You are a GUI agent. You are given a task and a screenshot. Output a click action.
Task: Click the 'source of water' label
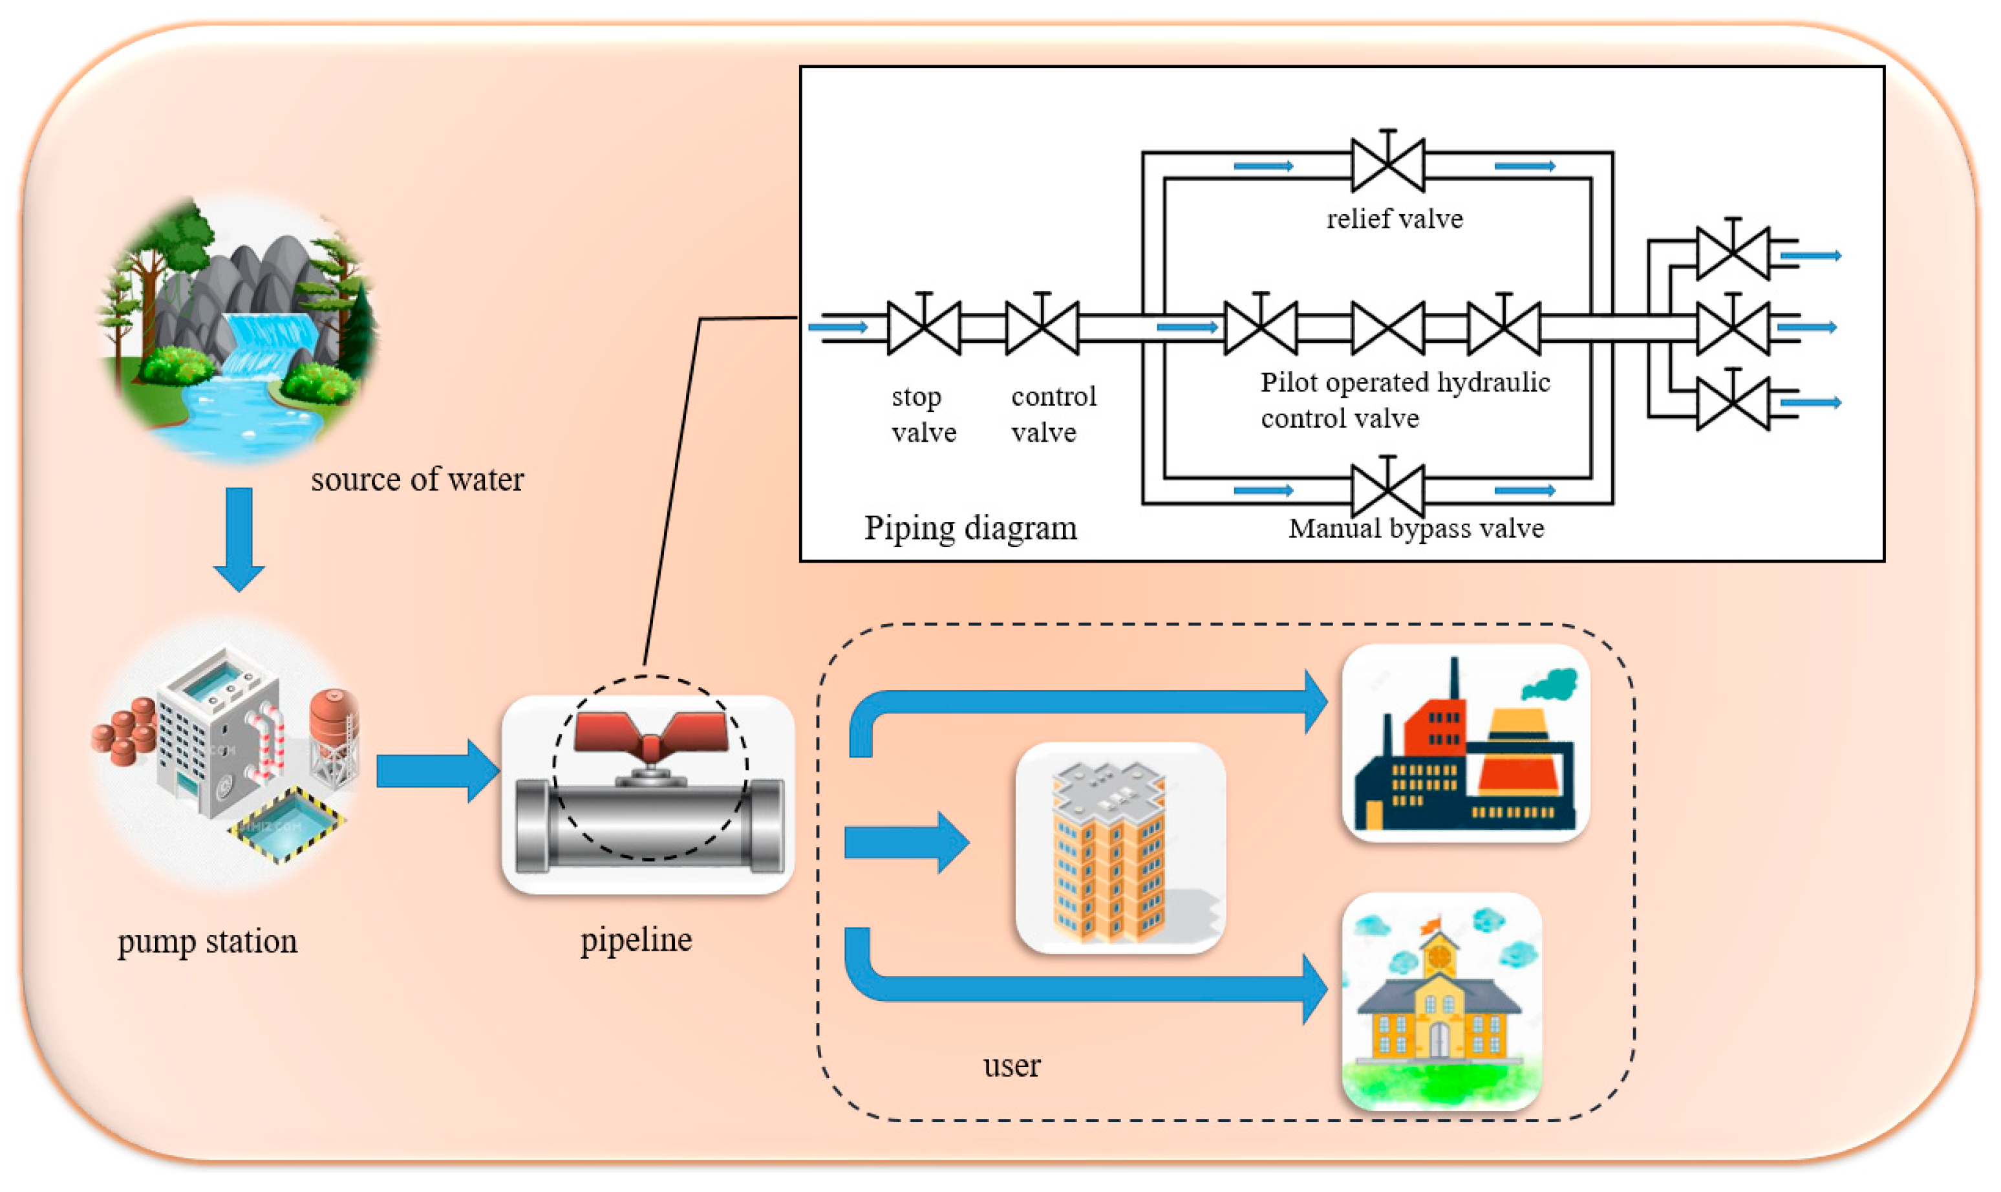(418, 479)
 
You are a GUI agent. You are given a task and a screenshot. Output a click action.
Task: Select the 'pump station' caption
(207, 942)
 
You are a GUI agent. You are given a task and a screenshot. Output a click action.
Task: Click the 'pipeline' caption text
(636, 940)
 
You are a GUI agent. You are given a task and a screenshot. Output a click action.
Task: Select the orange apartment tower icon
(1111, 851)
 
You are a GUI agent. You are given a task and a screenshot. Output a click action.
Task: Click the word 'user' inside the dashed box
(1012, 1066)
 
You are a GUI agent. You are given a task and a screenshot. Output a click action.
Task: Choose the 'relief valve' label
(1395, 219)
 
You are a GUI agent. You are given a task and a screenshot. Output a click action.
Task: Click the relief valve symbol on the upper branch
(1388, 165)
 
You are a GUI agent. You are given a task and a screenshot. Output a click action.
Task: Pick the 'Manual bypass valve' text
(1417, 528)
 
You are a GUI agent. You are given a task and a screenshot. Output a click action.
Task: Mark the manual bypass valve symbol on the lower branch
(1388, 490)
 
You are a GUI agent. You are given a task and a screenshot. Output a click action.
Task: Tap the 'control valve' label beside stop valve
(1053, 415)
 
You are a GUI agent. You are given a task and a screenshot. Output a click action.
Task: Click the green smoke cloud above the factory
(1550, 684)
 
